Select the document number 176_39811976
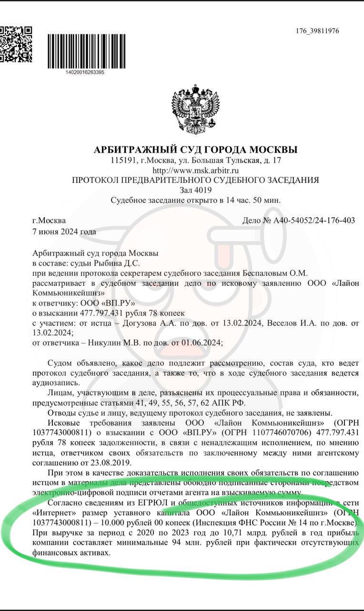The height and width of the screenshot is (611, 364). coord(317,31)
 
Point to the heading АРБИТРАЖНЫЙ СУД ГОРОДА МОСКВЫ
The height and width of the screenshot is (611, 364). coord(195,150)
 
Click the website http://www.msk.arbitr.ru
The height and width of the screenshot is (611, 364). coord(195,170)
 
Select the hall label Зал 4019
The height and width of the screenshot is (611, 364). coord(195,190)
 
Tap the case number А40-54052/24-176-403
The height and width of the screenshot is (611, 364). coord(314,221)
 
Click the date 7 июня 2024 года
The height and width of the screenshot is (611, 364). coord(64,232)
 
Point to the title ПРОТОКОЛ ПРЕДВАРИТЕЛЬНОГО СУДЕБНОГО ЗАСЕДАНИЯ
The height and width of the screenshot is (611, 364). coord(195,180)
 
